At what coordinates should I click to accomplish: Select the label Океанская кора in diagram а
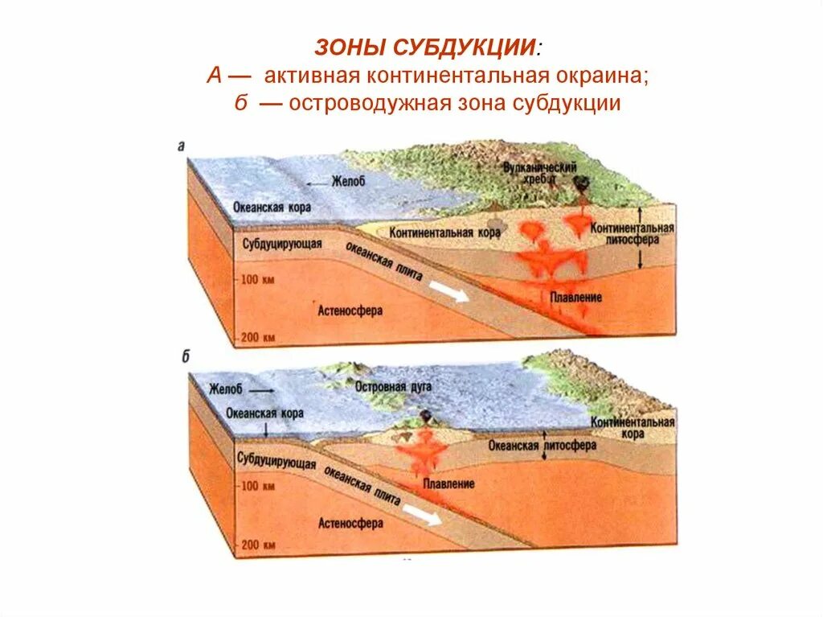click(x=272, y=207)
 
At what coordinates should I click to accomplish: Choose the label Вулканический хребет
click(x=530, y=172)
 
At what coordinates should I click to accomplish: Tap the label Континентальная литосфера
click(x=633, y=233)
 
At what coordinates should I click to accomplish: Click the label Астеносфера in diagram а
click(x=350, y=309)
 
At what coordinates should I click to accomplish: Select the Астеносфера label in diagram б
click(x=350, y=523)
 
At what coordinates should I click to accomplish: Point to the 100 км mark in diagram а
click(x=258, y=279)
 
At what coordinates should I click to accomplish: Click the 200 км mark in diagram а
click(x=258, y=336)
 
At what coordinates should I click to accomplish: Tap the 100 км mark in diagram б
click(x=258, y=486)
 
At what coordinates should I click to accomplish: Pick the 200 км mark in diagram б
click(x=258, y=545)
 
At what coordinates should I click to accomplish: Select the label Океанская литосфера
click(x=543, y=444)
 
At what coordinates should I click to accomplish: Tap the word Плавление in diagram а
click(x=575, y=298)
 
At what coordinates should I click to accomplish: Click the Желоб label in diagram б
click(x=226, y=389)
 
